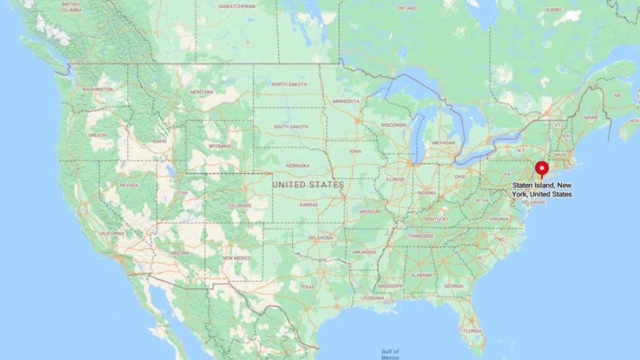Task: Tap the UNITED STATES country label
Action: [307, 185]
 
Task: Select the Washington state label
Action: [97, 89]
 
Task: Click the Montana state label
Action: [201, 92]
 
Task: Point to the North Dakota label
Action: [289, 84]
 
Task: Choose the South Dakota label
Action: [291, 126]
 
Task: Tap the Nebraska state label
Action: [297, 166]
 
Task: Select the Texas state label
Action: [307, 287]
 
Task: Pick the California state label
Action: [111, 234]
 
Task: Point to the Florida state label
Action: [473, 330]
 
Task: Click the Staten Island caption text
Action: [542, 190]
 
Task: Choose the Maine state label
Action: [591, 117]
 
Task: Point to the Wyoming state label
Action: [219, 146]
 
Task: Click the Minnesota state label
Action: [346, 101]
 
